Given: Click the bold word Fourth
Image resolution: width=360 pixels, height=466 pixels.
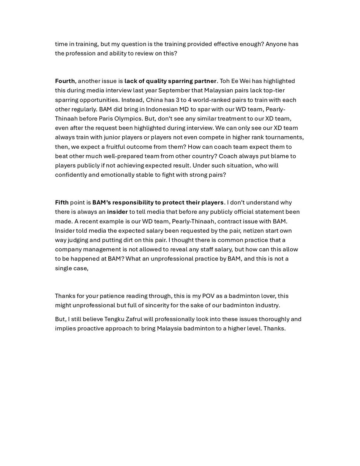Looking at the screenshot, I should (x=65, y=81).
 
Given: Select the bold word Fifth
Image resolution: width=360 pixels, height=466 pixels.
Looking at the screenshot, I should (x=62, y=202).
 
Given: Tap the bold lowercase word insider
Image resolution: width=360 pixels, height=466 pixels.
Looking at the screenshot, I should (x=118, y=212).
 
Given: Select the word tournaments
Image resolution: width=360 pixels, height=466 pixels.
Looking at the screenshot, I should (x=286, y=137).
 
